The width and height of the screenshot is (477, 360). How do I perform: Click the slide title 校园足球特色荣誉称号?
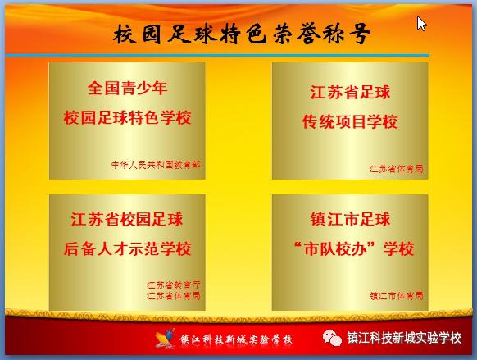point(241,34)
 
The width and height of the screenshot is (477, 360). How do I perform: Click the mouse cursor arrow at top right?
point(421,23)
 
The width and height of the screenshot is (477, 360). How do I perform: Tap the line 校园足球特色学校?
point(126,118)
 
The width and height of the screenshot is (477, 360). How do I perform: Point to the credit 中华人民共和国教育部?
point(156,164)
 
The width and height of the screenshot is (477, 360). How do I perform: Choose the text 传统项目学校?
point(350,122)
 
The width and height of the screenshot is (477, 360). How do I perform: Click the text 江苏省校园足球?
point(126,219)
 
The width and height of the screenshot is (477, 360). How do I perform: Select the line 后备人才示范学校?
point(126,248)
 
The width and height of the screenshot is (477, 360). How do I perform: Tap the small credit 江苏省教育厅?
point(173,285)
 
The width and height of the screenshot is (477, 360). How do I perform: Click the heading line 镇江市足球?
point(350,219)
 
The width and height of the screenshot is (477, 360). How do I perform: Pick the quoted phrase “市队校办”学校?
point(350,248)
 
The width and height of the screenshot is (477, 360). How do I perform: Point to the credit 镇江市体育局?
point(396,295)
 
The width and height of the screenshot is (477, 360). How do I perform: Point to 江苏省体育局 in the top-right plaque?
point(396,169)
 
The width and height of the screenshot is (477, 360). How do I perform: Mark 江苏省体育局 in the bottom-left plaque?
point(173,295)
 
